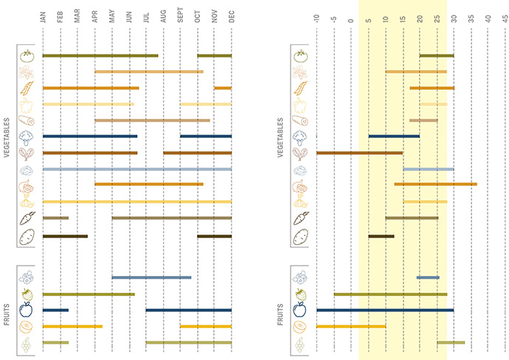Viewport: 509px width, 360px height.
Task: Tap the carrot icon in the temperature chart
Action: (x=300, y=218)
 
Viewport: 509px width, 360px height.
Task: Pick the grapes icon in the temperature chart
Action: (x=300, y=342)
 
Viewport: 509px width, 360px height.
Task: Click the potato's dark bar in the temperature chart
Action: (x=381, y=236)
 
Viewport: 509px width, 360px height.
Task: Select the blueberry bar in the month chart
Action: (x=151, y=277)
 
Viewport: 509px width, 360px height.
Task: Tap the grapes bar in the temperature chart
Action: (x=451, y=342)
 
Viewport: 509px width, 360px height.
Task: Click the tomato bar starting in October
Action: (x=214, y=55)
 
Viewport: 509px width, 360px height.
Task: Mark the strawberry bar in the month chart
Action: (x=89, y=294)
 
